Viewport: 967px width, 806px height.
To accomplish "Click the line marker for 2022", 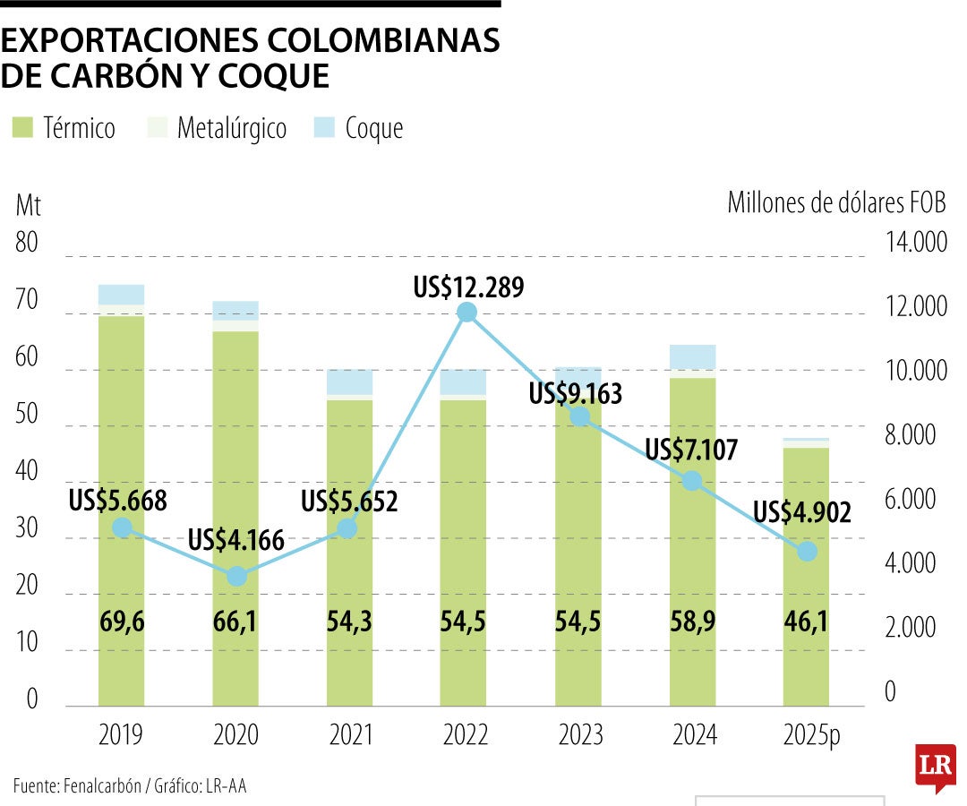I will (x=466, y=312).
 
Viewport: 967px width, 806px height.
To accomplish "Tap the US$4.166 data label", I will (x=235, y=540).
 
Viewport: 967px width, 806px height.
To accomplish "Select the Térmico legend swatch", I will (x=22, y=128).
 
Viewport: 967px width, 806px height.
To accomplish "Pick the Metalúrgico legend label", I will (x=232, y=128).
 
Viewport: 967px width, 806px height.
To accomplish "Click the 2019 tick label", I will (x=121, y=735).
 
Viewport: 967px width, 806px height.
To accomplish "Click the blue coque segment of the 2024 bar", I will (x=692, y=356).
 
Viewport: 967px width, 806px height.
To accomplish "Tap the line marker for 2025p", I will (x=807, y=551).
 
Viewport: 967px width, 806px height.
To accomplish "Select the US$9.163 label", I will (x=575, y=394).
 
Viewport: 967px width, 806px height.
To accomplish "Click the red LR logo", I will (x=935, y=767).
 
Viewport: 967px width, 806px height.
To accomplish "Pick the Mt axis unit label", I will (x=28, y=205).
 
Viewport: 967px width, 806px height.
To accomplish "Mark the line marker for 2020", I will (x=236, y=576).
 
